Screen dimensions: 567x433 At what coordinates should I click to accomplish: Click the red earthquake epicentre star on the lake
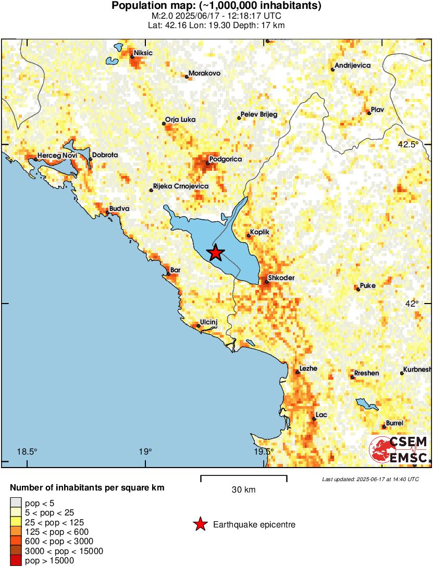coord(215,253)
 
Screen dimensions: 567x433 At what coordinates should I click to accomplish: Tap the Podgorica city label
coord(225,159)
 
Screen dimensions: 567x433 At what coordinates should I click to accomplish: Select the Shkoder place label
coord(281,278)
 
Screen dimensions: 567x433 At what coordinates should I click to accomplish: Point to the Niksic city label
coord(143,53)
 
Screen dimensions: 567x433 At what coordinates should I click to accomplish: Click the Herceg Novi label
coord(56,155)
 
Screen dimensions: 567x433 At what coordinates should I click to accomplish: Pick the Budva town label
coord(119,209)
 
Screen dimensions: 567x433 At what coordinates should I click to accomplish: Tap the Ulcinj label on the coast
coord(208,322)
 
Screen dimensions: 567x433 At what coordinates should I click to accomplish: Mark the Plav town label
coord(377,109)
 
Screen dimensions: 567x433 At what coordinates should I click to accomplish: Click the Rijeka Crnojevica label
coord(181,186)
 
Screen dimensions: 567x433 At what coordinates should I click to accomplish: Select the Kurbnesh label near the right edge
coord(417,369)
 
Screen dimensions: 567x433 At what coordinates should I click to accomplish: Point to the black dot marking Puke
coord(358,289)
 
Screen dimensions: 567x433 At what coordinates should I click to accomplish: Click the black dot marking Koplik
coord(249,236)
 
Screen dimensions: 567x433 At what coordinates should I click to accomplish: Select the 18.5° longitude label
coord(27,451)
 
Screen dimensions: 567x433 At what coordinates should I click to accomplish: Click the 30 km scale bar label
coord(243,489)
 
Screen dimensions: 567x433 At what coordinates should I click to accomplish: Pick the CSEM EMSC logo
coord(399,449)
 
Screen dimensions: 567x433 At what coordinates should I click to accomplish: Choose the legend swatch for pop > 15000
coord(17,560)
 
